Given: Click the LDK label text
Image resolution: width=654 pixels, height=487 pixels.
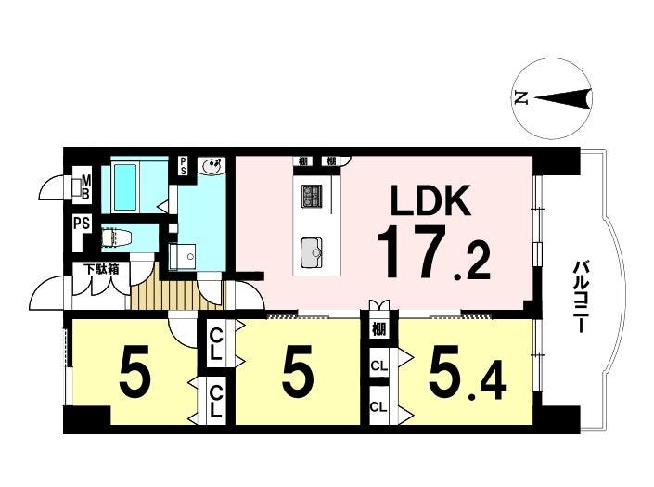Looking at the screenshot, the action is point(430,200).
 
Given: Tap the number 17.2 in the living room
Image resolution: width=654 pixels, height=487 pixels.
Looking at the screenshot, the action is point(434,252).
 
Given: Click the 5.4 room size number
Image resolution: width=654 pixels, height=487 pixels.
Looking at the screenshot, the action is point(468,371).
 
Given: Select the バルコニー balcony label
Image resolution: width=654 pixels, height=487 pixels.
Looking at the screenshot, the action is point(581,296).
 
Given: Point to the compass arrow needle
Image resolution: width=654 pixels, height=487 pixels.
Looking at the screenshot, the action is point(563,99).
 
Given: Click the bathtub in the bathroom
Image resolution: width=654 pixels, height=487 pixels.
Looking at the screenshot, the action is point(125,186).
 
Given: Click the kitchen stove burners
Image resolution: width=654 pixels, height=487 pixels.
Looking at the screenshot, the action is point(312,197).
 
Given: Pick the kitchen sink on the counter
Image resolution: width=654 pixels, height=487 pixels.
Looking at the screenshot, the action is point(311,253).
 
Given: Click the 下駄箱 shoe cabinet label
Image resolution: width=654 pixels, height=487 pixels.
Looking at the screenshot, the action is point(102,269).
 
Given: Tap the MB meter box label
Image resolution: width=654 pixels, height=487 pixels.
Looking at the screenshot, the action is point(85,187).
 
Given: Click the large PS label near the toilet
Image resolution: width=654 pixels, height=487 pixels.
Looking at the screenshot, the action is point(83,224).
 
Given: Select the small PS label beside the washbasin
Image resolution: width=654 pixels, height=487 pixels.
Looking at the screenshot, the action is point(183,166).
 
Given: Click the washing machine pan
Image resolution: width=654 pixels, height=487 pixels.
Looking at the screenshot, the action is point(182,257).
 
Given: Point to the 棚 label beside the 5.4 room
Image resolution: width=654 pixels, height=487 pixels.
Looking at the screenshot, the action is point(379,329).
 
